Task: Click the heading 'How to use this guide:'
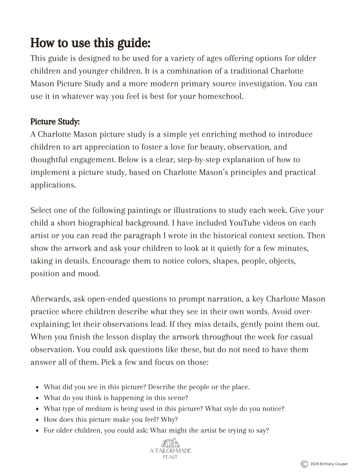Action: [x=90, y=43]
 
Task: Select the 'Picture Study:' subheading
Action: [x=55, y=122]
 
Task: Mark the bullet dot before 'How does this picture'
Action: [x=37, y=420]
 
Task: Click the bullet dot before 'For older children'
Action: [x=37, y=431]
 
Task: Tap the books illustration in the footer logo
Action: [x=170, y=443]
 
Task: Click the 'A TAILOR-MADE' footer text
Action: [x=170, y=451]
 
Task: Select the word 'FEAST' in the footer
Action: [x=170, y=457]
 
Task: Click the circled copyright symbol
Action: [x=304, y=464]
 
